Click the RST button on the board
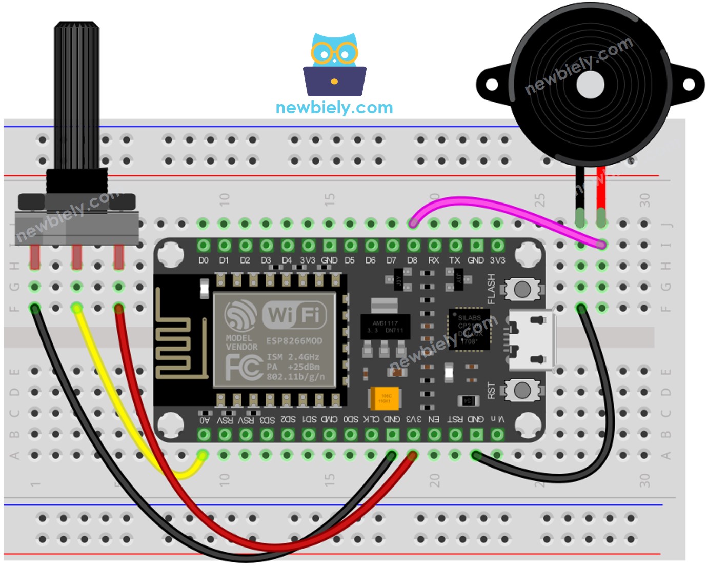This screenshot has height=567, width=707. point(521,391)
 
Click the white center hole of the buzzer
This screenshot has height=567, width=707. point(590,85)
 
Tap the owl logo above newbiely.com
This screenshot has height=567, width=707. point(334,64)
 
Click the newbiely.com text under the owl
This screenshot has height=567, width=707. point(334,108)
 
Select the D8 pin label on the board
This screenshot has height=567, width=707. point(412,260)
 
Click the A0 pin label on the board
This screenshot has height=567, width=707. point(204,420)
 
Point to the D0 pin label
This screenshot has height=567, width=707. point(203,260)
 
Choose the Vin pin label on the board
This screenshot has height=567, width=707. point(497,419)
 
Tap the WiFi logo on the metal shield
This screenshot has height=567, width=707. point(294,314)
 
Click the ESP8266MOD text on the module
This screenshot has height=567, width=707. point(294,341)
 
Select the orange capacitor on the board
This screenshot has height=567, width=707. point(384,398)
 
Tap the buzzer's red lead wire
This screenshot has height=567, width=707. point(601,190)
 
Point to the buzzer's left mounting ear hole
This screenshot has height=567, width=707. point(492,85)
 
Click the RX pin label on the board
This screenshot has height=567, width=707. point(434,260)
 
